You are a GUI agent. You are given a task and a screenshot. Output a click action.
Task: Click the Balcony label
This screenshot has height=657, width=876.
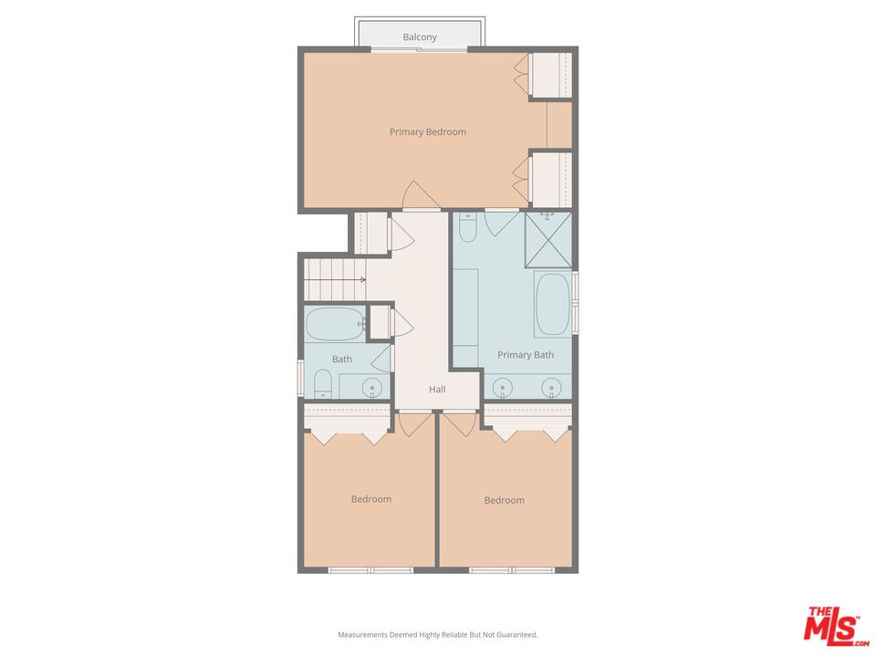pyautogui.click(x=420, y=37)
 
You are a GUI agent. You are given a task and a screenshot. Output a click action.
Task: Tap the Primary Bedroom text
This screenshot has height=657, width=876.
pyautogui.click(x=427, y=132)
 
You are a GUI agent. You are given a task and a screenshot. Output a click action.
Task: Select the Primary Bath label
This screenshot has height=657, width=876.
pyautogui.click(x=525, y=355)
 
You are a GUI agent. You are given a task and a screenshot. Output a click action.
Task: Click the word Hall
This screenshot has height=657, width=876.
pyautogui.click(x=437, y=390)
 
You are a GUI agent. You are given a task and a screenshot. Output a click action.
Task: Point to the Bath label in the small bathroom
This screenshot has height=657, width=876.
pyautogui.click(x=341, y=360)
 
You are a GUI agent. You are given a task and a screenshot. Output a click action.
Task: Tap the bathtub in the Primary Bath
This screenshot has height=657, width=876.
pyautogui.click(x=553, y=305)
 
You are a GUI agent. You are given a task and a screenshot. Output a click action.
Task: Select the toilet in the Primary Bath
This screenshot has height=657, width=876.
pyautogui.click(x=467, y=229)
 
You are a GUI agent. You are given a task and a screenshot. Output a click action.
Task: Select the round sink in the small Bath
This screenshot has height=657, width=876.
pyautogui.click(x=372, y=388)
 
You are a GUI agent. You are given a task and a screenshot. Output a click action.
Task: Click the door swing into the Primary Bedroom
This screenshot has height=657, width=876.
pyautogui.click(x=415, y=196)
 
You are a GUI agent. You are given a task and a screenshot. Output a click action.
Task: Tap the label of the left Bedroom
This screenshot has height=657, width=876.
pyautogui.click(x=371, y=499)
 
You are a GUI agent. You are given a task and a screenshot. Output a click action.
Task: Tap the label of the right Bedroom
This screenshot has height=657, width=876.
pyautogui.click(x=504, y=500)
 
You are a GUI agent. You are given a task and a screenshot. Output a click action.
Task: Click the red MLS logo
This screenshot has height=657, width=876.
pyautogui.click(x=831, y=625)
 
